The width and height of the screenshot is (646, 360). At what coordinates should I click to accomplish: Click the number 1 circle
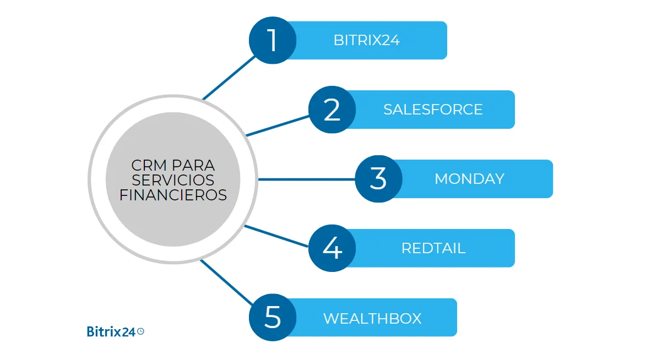click(273, 40)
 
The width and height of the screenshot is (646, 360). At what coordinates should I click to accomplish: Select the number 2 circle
click(332, 110)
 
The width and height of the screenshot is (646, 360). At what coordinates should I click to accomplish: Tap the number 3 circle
click(378, 179)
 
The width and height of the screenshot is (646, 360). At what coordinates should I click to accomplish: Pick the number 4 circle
click(332, 248)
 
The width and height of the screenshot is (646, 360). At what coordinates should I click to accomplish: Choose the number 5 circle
click(273, 318)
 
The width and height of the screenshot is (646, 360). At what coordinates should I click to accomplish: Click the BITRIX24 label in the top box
click(367, 40)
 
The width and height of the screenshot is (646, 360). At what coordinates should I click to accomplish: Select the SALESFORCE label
click(433, 110)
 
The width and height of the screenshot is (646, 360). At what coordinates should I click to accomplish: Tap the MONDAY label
click(469, 179)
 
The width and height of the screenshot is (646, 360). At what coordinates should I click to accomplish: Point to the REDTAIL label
click(433, 248)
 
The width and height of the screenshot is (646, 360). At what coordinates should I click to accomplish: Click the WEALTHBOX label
click(372, 318)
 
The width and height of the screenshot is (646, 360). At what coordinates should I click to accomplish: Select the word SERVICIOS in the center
click(173, 180)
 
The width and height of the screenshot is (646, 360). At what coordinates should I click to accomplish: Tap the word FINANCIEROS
click(173, 195)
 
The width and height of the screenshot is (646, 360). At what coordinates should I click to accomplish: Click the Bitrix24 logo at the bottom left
click(111, 331)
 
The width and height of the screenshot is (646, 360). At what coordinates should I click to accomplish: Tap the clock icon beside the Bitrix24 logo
click(140, 331)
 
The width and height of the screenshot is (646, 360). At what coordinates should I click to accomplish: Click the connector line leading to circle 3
click(306, 179)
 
